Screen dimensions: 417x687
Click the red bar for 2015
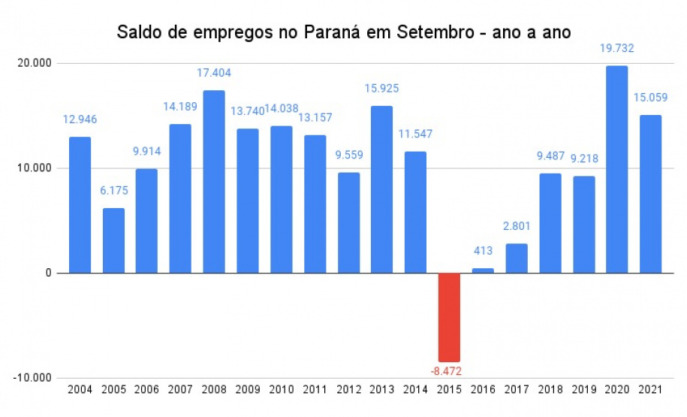[x=449, y=317]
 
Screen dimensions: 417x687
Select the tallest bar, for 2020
[x=617, y=169]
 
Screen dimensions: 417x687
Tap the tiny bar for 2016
[x=483, y=270]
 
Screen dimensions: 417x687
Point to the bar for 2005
[x=113, y=240]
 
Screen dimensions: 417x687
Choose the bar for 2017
[x=517, y=258]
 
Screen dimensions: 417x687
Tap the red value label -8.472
[x=449, y=370]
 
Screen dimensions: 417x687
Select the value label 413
[x=483, y=252]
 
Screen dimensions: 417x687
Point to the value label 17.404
[x=214, y=74]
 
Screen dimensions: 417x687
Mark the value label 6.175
[x=113, y=191]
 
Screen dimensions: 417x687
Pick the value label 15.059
[x=650, y=98]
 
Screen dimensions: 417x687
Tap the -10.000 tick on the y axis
[x=30, y=377]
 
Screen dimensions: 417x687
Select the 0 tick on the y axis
[x=47, y=273]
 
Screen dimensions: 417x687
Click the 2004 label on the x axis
[x=80, y=391]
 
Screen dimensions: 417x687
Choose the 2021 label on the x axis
[x=650, y=391]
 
